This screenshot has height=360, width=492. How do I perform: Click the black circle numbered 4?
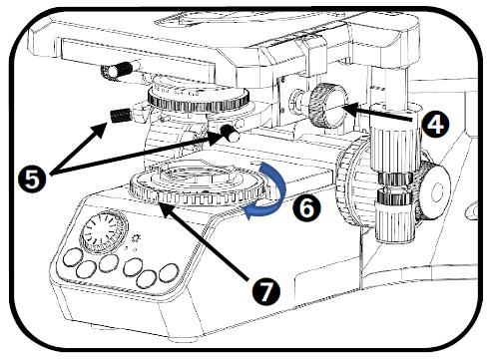tap(436, 125)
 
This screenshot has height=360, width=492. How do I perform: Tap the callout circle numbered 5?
tap(32, 180)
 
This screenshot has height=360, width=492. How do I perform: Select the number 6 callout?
tap(306, 208)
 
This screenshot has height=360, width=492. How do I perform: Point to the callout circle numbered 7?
tap(265, 292)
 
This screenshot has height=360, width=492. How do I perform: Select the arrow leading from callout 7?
tap(204, 241)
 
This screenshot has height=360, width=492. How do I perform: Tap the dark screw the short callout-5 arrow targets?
tap(120, 116)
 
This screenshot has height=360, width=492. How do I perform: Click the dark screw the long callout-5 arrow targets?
tap(231, 132)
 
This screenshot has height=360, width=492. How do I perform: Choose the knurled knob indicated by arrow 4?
tap(327, 106)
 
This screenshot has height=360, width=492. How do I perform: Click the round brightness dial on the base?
tap(104, 231)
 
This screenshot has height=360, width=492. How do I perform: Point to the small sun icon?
tap(137, 238)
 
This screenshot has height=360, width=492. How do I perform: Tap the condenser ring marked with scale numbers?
tap(199, 99)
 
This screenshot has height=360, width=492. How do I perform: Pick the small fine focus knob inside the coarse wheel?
tap(434, 190)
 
